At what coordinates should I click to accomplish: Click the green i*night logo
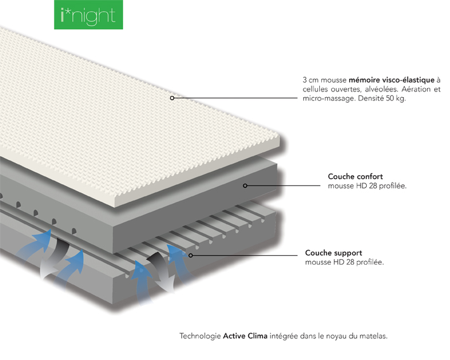coord(88,15)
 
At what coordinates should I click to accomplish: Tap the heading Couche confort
coord(355,177)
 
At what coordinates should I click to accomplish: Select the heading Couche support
coord(333,253)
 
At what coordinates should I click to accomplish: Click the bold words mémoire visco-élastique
coord(392,80)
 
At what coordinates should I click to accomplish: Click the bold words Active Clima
coord(245,336)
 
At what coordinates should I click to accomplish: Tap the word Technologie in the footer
coord(200,336)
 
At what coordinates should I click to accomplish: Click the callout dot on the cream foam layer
coord(172,98)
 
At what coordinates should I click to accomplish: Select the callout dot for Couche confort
coord(245,186)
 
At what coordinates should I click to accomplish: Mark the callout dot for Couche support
coord(190,255)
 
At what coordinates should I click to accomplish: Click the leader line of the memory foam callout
coord(235,98)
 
